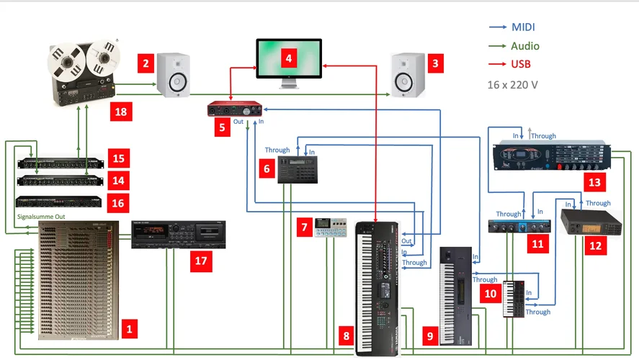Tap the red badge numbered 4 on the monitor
[x=288, y=58]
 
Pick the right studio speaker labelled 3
[x=408, y=75]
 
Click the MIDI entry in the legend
[x=523, y=27]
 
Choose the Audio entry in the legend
[x=525, y=46]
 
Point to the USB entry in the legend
[x=521, y=64]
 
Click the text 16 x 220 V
[x=513, y=84]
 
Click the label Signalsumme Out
[x=40, y=215]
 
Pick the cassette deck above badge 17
[x=179, y=234]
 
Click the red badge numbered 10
[x=490, y=294]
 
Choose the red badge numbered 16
[x=118, y=203]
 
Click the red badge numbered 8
[x=347, y=335]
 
